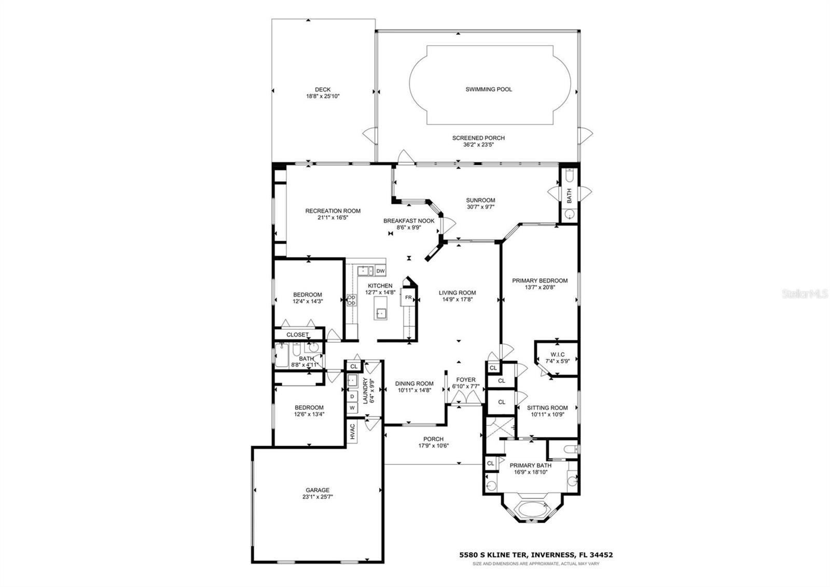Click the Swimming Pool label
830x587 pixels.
[x=489, y=89]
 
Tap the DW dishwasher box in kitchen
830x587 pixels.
[x=380, y=271]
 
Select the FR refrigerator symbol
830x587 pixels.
[x=408, y=298]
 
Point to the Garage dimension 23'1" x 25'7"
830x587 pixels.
[x=317, y=497]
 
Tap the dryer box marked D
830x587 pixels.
[x=352, y=396]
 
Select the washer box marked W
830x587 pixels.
[x=352, y=408]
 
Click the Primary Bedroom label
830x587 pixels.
[x=539, y=281]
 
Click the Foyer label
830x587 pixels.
[x=465, y=380]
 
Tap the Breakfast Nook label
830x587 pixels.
[x=409, y=221]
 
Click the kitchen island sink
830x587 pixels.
[x=381, y=313]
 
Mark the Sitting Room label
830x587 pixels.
[x=547, y=408]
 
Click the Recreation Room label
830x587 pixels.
[x=333, y=211]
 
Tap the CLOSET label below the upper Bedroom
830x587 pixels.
[x=297, y=335]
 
